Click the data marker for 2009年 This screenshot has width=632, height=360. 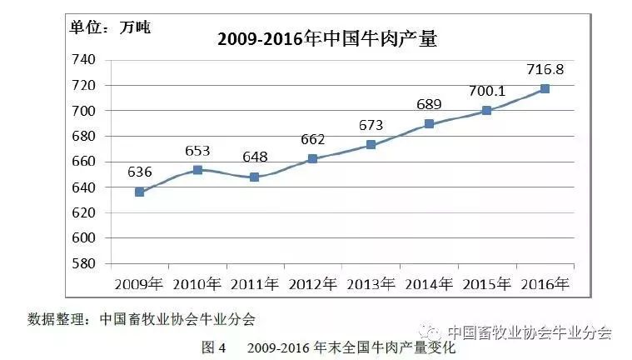(139, 192)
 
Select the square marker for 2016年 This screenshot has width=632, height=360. (545, 89)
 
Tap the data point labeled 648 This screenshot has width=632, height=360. (254, 177)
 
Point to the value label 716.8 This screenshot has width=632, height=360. (545, 69)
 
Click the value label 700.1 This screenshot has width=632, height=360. (487, 91)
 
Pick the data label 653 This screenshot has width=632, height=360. (197, 151)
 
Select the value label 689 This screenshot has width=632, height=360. (430, 104)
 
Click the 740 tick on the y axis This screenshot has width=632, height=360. (84, 60)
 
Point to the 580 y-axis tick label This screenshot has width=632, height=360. (84, 263)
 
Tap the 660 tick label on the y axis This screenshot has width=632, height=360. (84, 162)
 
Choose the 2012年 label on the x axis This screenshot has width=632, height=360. (313, 284)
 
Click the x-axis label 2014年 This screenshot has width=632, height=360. (429, 284)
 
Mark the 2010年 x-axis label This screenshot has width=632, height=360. (197, 284)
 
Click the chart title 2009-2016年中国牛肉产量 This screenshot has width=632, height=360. (327, 39)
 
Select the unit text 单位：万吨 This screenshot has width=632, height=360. (110, 27)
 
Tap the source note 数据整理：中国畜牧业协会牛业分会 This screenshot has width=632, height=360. (142, 320)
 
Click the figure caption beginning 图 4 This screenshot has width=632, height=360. (329, 347)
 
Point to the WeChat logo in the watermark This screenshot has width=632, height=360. (430, 332)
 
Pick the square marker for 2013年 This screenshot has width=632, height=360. (371, 144)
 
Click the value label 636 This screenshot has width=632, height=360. (139, 172)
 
